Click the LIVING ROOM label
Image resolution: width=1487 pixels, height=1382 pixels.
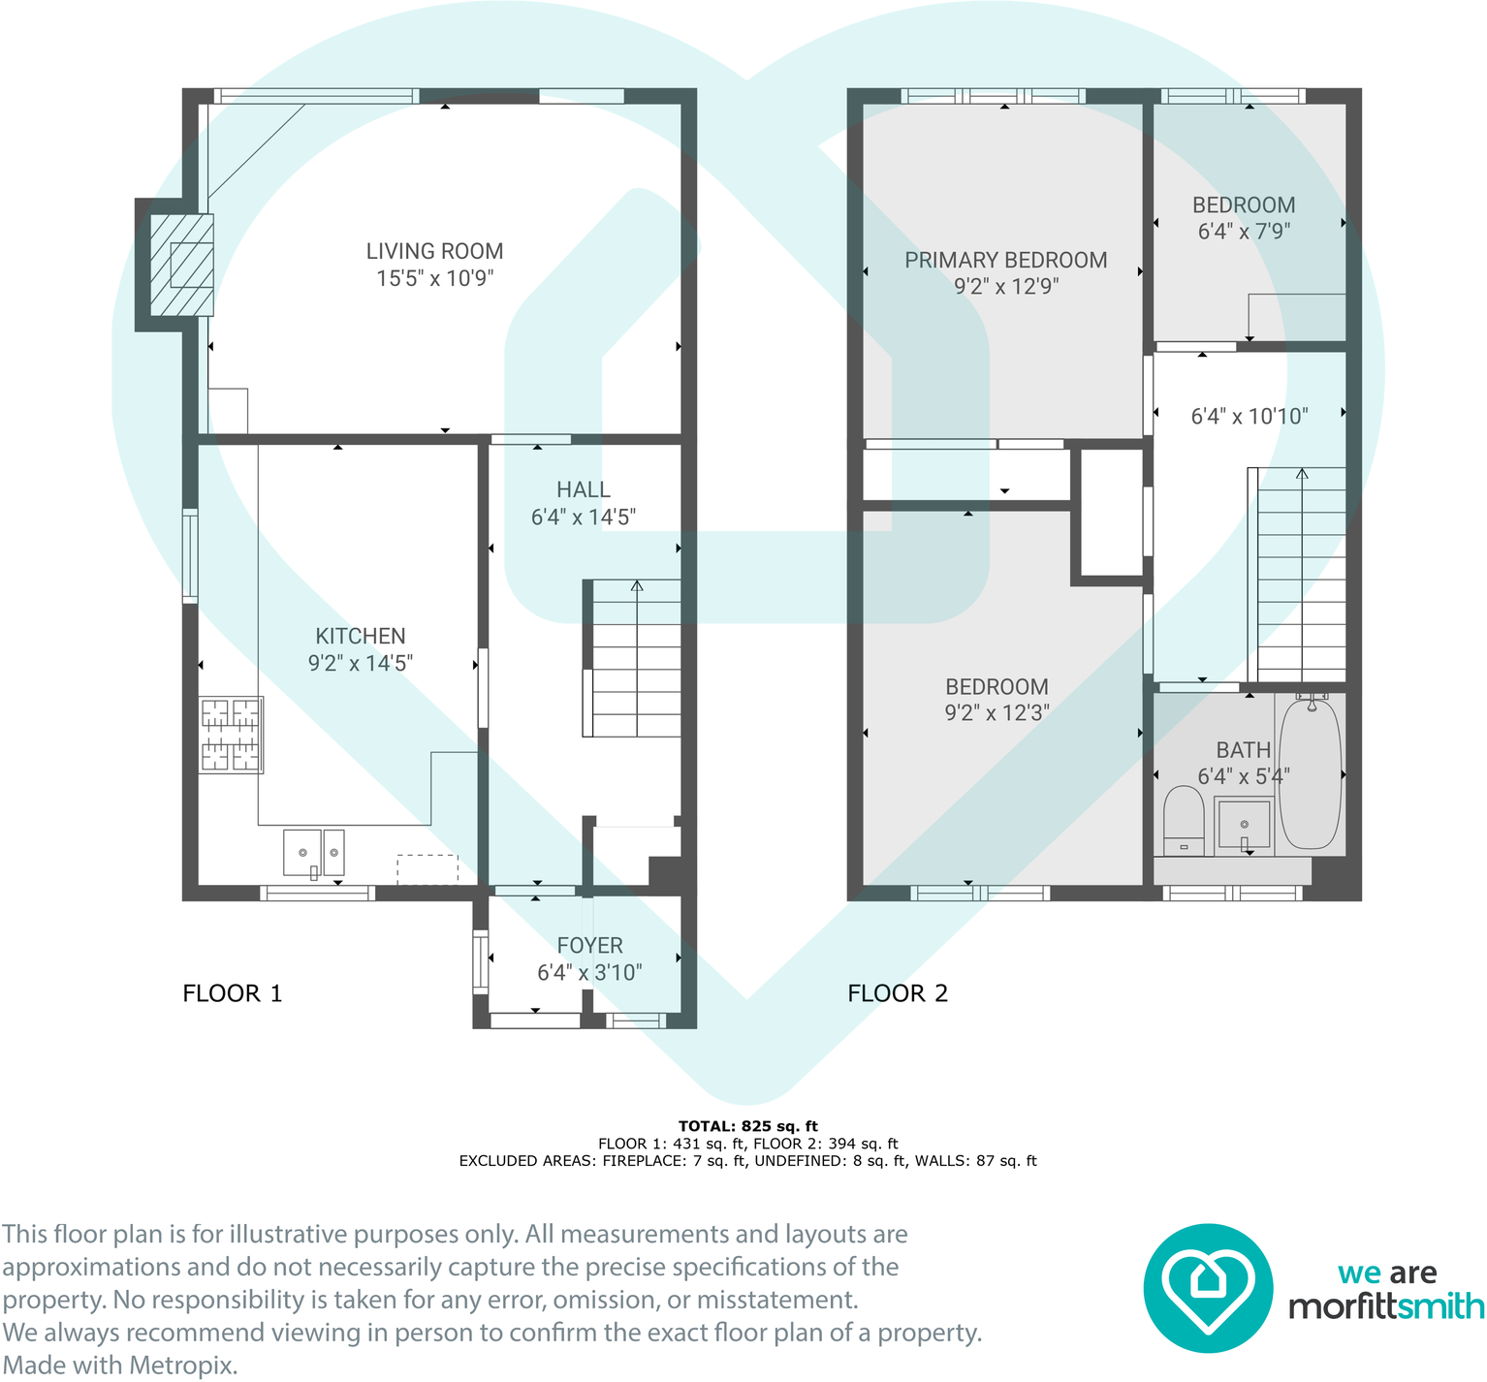point(434,251)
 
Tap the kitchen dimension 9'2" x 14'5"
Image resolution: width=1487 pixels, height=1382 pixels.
point(361,663)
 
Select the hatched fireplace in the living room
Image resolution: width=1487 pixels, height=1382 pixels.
point(181,265)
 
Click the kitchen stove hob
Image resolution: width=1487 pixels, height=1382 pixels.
point(231,736)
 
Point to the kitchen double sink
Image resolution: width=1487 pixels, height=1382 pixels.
point(313,853)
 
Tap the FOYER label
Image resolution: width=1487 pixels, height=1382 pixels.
point(589,945)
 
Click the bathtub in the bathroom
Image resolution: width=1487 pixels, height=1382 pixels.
point(1311,774)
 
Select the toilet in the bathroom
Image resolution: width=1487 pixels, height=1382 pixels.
point(1183,822)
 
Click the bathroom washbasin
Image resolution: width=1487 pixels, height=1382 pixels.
point(1244,825)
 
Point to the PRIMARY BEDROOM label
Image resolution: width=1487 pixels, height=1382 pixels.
point(1005,260)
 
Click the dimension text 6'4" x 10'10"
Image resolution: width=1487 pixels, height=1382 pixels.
point(1249,416)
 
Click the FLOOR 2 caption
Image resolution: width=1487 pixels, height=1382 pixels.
point(898,993)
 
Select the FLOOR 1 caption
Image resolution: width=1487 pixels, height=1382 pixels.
point(233,993)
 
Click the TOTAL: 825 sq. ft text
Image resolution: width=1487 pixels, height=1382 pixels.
point(747,1126)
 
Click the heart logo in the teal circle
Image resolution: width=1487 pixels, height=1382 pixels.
point(1208,1288)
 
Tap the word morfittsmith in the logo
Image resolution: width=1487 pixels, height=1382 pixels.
point(1385,1307)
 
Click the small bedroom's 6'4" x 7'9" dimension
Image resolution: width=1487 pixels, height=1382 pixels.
point(1244,231)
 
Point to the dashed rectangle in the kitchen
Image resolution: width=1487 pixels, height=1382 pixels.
point(427,869)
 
